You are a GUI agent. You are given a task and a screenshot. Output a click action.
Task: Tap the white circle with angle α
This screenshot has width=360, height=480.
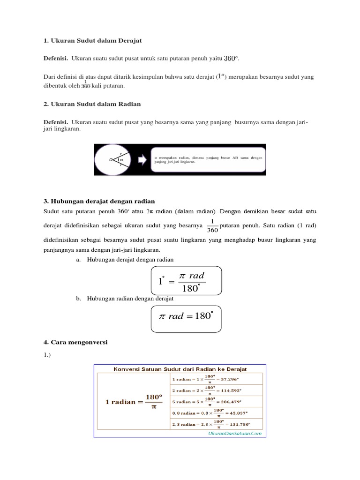tap(116, 159)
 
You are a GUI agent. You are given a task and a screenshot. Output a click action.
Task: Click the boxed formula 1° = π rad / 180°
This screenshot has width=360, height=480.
tap(186, 281)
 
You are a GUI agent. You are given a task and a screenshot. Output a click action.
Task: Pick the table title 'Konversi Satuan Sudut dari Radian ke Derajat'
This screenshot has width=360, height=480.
tap(180, 369)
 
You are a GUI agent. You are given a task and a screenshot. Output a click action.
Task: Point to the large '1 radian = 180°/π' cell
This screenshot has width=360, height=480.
tap(133, 401)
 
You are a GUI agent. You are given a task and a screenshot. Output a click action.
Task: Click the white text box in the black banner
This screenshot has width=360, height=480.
tap(208, 159)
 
